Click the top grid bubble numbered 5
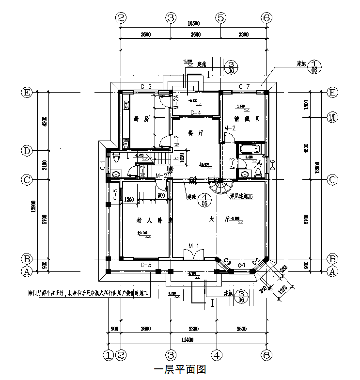(220, 18)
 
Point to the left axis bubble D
(27, 151)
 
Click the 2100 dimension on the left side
(45, 165)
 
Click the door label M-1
(194, 246)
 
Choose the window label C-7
(244, 86)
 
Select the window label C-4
(196, 113)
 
